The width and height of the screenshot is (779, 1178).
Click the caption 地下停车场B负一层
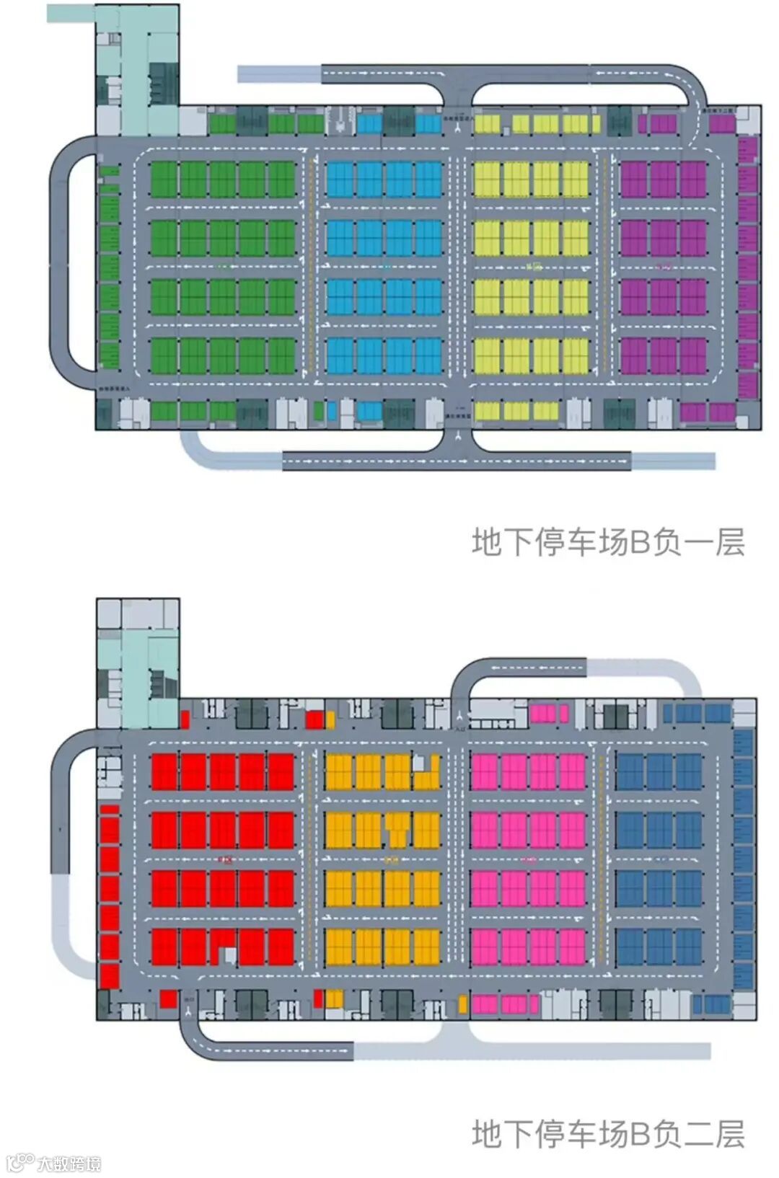[x=608, y=542]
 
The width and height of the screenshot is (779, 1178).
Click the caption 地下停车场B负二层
[x=608, y=1133]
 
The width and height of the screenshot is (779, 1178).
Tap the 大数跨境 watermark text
[x=69, y=1163]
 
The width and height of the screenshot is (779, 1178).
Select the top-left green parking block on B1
[x=164, y=180]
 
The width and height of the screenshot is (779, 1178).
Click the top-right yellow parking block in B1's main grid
[x=576, y=180]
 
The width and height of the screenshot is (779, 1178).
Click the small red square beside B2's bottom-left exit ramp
[x=168, y=998]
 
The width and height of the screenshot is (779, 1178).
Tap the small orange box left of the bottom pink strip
[x=462, y=1004]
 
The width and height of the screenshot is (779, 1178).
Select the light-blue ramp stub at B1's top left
[x=278, y=73]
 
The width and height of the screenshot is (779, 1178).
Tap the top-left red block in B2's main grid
[x=164, y=771]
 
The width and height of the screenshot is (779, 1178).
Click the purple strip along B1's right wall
[x=747, y=267]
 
